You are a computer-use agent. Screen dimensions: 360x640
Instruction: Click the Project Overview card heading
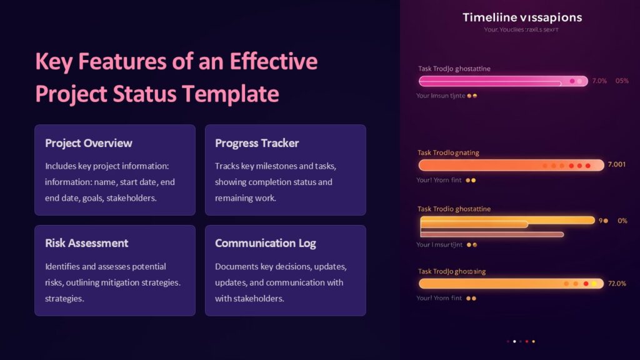click(x=89, y=143)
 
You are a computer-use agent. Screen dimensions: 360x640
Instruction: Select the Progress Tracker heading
click(x=257, y=143)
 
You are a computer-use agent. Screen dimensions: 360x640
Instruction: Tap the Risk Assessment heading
click(x=86, y=243)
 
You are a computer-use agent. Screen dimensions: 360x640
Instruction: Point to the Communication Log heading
click(x=266, y=243)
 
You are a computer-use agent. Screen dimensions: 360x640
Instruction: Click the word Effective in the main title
click(x=274, y=62)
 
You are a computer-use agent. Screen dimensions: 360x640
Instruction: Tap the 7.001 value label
click(x=616, y=165)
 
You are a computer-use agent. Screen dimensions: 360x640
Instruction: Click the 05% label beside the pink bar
click(x=622, y=81)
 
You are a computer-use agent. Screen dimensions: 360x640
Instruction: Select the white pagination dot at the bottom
click(x=514, y=341)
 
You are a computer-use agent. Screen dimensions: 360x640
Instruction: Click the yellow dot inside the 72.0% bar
click(x=594, y=284)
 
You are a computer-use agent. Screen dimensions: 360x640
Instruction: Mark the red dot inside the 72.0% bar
click(x=586, y=284)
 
